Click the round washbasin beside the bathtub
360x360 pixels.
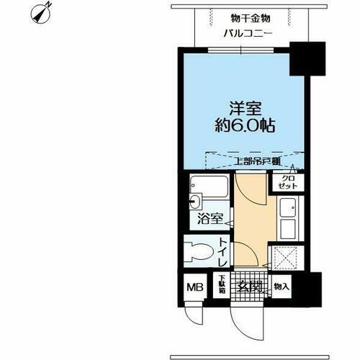click(x=196, y=201)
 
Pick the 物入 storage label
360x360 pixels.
click(x=282, y=287)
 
